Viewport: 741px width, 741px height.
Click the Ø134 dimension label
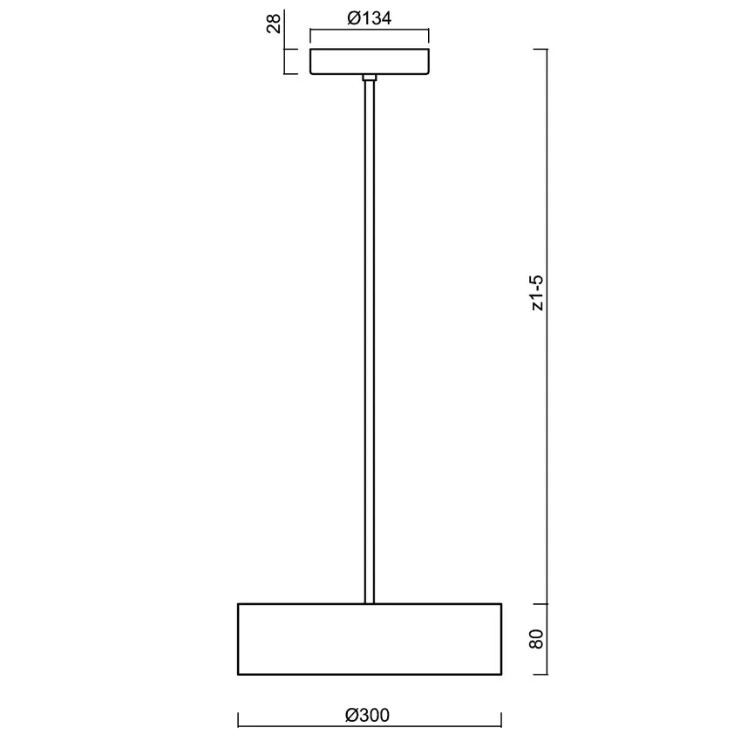tap(369, 18)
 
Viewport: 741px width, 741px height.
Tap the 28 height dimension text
tap(274, 24)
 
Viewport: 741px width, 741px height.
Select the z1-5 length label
tap(537, 293)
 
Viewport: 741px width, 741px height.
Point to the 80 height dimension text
tap(537, 639)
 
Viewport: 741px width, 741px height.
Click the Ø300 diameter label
tap(367, 715)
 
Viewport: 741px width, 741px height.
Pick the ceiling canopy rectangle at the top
tap(370, 61)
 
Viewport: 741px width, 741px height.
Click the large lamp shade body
tap(370, 639)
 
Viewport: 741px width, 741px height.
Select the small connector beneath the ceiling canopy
tap(370, 78)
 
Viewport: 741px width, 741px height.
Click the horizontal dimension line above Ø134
tap(370, 30)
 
